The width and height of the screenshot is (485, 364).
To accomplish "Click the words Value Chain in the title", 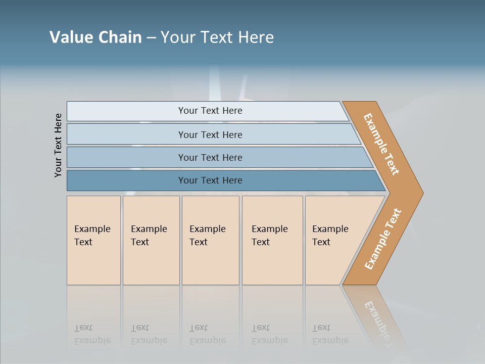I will (x=95, y=37).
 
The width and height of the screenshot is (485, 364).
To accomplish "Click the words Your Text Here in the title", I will (x=217, y=37).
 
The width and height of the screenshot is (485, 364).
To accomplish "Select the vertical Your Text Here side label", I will (x=58, y=146).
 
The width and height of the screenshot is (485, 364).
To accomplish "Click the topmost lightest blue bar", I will (x=210, y=111).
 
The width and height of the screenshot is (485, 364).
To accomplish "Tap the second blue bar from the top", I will (x=210, y=134).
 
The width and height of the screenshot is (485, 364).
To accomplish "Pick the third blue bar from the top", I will (x=210, y=157).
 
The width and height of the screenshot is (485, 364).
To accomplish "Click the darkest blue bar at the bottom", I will (x=210, y=180).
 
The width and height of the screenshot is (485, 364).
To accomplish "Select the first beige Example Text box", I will (x=93, y=240).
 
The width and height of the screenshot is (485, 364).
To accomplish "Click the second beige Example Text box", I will (x=151, y=240).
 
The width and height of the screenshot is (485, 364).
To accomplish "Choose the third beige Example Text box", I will (x=210, y=240).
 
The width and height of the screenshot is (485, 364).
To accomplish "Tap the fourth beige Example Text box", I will (x=272, y=240).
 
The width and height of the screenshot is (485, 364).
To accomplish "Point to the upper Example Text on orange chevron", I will (x=381, y=144).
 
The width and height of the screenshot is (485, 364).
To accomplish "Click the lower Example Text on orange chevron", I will (x=383, y=239).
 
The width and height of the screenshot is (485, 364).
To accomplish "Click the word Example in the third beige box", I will (x=207, y=229).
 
